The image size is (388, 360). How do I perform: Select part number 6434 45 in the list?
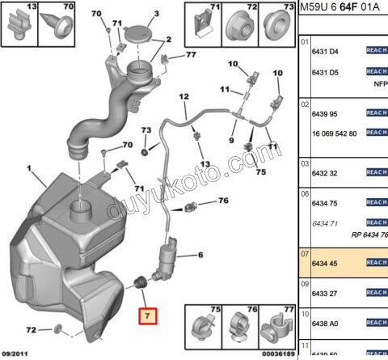click(x=325, y=262)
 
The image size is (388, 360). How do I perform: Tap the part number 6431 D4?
click(x=325, y=50)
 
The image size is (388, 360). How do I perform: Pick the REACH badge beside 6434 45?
click(x=377, y=262)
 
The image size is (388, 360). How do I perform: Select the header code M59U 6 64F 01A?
click(x=343, y=8)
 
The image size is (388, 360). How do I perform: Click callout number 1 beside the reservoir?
click(x=30, y=170)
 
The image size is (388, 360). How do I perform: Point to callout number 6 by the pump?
click(x=201, y=256)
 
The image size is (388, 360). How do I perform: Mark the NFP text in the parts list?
click(x=378, y=82)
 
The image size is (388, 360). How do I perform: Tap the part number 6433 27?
click(x=325, y=294)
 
